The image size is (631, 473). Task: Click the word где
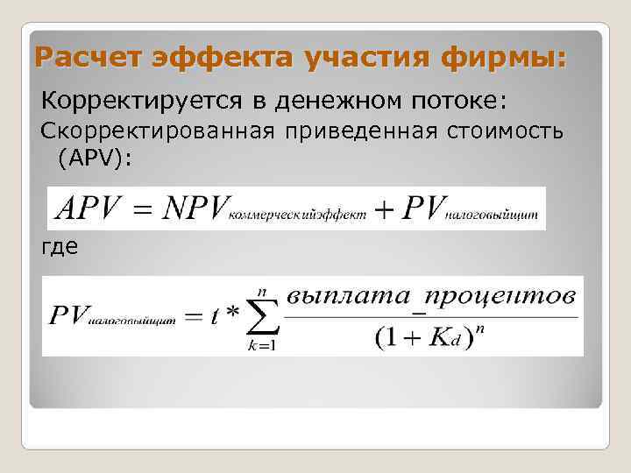tap(60, 247)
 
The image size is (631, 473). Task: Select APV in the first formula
tap(85, 208)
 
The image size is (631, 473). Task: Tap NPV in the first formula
tap(187, 208)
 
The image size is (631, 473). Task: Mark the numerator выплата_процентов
tap(432, 296)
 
